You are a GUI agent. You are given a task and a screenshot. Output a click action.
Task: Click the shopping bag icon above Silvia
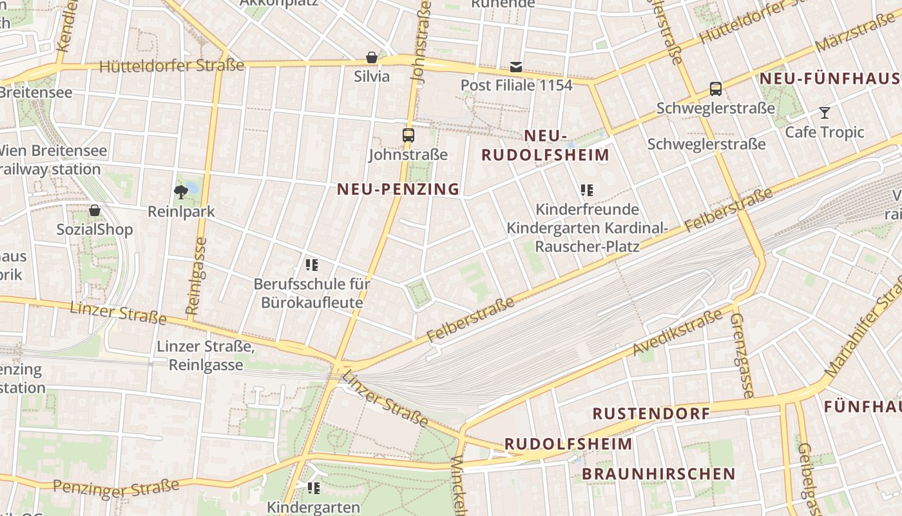click(x=372, y=57)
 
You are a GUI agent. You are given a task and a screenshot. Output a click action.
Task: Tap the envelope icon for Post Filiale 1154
click(x=516, y=66)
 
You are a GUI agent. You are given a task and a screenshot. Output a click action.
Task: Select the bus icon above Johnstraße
click(x=408, y=135)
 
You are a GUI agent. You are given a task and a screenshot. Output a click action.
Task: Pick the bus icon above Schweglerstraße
click(x=715, y=89)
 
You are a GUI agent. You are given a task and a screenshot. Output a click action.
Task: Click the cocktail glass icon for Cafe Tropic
click(x=824, y=114)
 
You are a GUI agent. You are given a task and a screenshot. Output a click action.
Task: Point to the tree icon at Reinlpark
click(x=181, y=191)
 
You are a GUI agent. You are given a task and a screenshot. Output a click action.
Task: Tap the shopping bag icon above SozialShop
click(x=95, y=210)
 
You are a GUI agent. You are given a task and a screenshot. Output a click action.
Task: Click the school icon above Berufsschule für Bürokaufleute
click(x=312, y=264)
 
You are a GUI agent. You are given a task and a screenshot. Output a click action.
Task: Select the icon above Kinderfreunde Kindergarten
click(x=586, y=190)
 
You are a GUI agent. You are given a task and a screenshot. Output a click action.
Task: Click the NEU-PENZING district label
click(x=398, y=189)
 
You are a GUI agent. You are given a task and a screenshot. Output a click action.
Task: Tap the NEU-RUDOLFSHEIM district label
click(x=545, y=146)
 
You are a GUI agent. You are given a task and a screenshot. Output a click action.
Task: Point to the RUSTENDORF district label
click(x=651, y=413)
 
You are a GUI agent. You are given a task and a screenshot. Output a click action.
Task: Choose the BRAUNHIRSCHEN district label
click(x=658, y=474)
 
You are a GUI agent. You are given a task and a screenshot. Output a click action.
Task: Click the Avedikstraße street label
click(x=678, y=332)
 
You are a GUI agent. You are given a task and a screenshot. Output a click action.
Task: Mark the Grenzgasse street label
click(x=742, y=355)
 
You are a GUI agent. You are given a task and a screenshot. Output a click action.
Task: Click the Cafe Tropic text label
click(x=824, y=132)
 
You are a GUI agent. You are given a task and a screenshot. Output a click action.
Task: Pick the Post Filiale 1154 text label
click(x=516, y=85)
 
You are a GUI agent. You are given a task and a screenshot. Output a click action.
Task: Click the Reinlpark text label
click(x=181, y=212)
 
